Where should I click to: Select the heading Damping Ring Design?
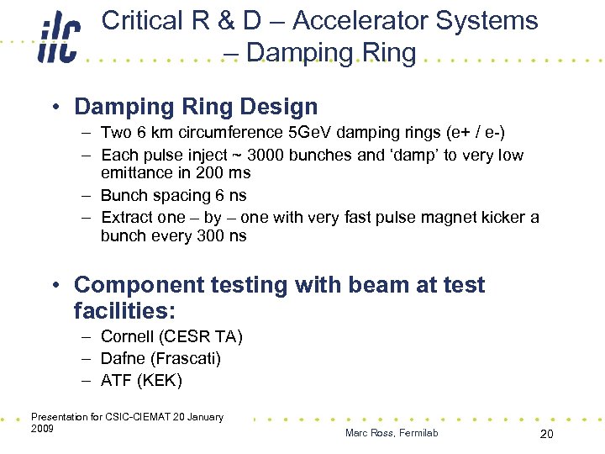pyautogui.click(x=196, y=107)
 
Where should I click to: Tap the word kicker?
pyautogui.click(x=500, y=218)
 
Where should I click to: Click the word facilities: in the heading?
pyautogui.click(x=124, y=311)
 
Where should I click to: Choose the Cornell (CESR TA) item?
pyautogui.click(x=171, y=337)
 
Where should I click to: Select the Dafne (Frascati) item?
pyautogui.click(x=160, y=359)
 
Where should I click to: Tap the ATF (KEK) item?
pyautogui.click(x=140, y=380)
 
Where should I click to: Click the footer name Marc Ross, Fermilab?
pyautogui.click(x=391, y=433)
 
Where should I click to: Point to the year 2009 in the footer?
pyautogui.click(x=42, y=429)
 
